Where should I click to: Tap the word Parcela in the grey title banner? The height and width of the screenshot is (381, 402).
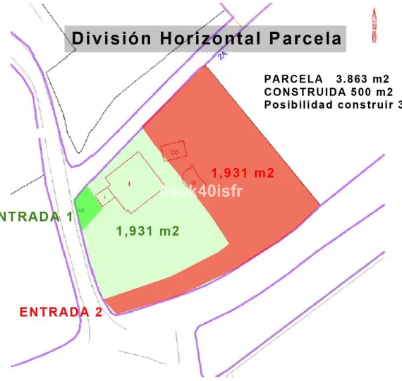pos(303,38)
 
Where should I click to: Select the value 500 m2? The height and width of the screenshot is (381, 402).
pos(371,92)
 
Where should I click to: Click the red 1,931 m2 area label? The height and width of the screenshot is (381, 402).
pos(242,171)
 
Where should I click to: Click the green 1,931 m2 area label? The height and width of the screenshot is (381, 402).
pos(147,230)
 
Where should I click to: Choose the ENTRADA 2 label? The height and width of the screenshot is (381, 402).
pos(61,312)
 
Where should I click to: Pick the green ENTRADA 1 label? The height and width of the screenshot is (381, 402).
pos(35,216)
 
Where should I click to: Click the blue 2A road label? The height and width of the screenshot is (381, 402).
pos(222,56)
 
